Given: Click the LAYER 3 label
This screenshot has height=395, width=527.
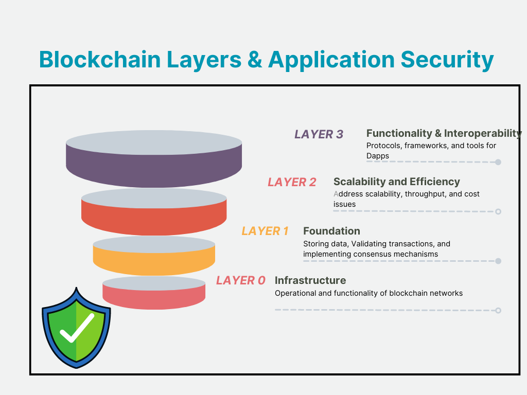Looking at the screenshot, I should tap(319, 134).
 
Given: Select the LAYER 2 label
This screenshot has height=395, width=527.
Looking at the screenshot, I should tap(292, 182).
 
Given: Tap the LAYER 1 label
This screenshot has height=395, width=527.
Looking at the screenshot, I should tap(265, 231).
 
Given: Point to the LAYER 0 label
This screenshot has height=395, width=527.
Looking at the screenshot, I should tap(240, 280).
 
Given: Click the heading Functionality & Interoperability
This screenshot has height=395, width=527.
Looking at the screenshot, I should tap(444, 133).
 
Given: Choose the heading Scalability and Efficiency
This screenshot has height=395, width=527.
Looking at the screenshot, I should tap(396, 182).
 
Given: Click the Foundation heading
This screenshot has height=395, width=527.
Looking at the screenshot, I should tap(331, 231).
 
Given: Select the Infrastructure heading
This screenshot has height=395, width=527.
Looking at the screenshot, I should tap(310, 280).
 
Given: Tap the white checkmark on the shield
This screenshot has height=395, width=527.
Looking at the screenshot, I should tap(77, 329).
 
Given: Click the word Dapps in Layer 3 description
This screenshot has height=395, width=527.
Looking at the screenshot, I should tap(377, 155).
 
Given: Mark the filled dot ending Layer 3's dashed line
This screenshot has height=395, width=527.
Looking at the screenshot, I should tap(498, 162).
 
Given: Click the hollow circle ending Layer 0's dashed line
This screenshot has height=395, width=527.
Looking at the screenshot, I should tap(498, 310).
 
